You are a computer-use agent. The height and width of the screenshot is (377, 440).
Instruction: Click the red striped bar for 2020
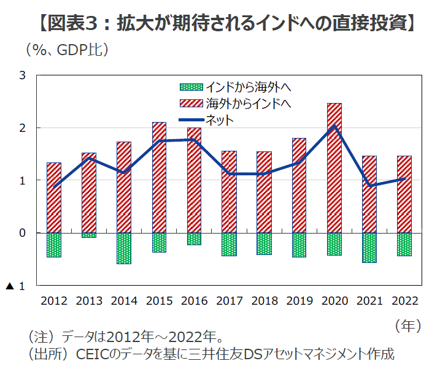pyautogui.click(x=334, y=168)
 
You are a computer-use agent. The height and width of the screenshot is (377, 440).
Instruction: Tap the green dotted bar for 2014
pyautogui.click(x=124, y=248)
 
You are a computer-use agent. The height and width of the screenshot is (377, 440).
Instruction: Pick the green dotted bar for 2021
pyautogui.click(x=369, y=248)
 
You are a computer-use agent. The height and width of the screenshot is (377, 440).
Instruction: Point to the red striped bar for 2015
pyautogui.click(x=159, y=177)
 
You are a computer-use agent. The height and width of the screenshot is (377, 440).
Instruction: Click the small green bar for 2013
pyautogui.click(x=89, y=235)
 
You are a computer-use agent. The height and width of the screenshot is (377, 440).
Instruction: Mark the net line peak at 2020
pyautogui.click(x=334, y=126)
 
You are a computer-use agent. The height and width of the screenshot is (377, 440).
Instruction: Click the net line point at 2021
pyautogui.click(x=369, y=186)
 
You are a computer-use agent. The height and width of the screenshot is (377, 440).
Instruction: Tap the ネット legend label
pyautogui.click(x=220, y=120)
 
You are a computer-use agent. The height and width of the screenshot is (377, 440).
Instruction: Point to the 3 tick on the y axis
pyautogui.click(x=23, y=75)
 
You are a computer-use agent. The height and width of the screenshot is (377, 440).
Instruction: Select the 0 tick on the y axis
pyautogui.click(x=23, y=233)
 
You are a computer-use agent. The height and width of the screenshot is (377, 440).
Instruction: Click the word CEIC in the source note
pyautogui.click(x=90, y=354)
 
